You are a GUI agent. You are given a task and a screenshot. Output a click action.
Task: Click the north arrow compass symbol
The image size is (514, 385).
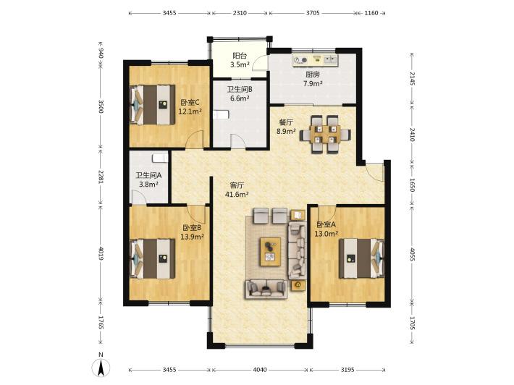click(101, 368)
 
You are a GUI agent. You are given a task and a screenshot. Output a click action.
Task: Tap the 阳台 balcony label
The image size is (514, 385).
click(240, 56)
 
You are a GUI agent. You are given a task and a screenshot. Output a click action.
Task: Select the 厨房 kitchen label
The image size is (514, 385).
click(313, 75)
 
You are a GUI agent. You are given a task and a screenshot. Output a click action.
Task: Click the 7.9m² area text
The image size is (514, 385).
click(313, 83)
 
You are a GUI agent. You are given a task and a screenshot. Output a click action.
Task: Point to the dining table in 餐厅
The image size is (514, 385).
click(326, 134)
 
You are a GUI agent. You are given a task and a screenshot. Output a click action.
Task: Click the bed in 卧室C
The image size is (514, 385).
click(152, 104)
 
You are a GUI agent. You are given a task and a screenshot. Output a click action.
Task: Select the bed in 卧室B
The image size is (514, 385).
click(152, 258)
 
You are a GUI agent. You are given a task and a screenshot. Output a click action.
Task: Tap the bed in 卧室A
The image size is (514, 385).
click(361, 258)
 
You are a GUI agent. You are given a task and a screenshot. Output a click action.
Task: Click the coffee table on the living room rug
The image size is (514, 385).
click(271, 252)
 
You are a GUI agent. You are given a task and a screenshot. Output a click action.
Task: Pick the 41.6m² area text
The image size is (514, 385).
click(236, 194)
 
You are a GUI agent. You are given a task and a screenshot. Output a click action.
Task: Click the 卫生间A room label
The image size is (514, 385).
click(148, 175)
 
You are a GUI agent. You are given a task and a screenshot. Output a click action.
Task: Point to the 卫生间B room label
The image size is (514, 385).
click(240, 89)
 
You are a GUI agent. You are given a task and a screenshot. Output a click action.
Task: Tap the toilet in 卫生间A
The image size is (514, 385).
click(160, 158)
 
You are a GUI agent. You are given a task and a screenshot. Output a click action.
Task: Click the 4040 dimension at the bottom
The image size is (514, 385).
click(260, 370)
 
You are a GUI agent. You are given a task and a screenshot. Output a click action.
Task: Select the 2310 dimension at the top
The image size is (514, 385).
click(240, 13)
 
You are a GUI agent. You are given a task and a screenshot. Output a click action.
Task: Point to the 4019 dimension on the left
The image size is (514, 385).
click(101, 253)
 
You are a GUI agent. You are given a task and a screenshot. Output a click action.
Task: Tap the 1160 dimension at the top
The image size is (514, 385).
click(371, 13)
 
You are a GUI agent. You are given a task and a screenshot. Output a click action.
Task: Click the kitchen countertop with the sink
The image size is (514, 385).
click(315, 60)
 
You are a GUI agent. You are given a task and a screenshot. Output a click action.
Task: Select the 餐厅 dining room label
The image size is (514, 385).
click(286, 122)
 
